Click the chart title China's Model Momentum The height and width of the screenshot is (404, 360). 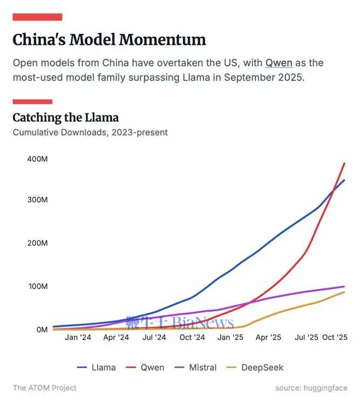point(109,39)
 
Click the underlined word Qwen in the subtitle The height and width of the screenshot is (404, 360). point(279,63)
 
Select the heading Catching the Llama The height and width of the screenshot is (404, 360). point(65,118)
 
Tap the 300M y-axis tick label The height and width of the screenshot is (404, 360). point(37,200)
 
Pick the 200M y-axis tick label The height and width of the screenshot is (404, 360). point(37,243)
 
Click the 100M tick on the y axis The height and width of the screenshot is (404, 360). point(37,286)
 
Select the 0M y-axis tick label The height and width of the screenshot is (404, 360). point(41,329)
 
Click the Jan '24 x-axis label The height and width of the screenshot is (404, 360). point(78,338)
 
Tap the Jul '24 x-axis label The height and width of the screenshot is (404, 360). point(154,338)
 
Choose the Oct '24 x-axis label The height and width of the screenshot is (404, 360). point(192,338)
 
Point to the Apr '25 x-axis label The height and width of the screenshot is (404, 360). point(268,338)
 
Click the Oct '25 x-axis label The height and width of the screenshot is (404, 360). point(335,338)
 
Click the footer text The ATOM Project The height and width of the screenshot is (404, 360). point(45,388)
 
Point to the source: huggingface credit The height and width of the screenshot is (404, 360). point(311,388)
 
